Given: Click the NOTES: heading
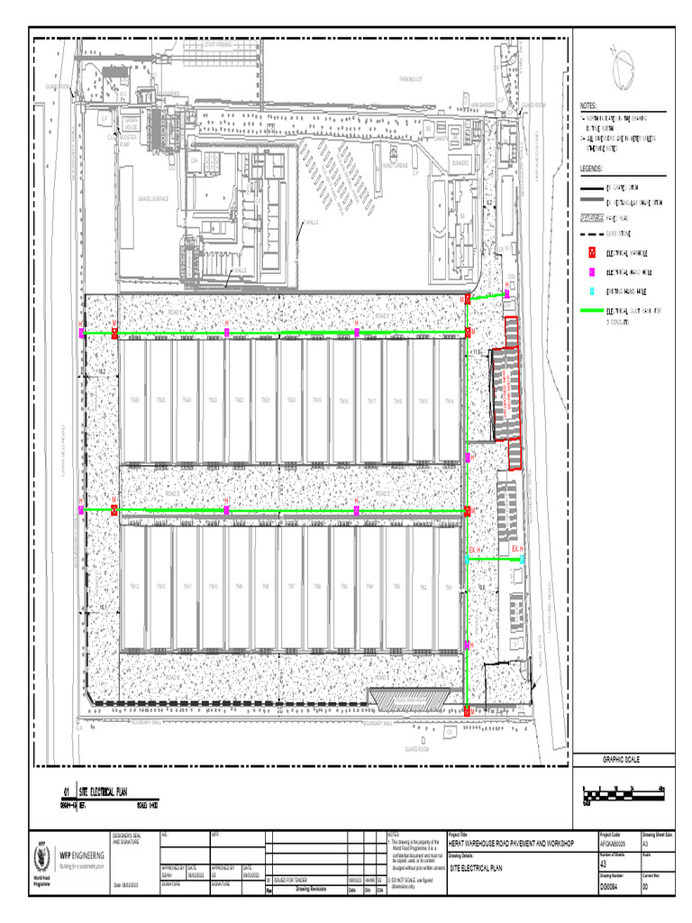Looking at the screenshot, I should [590, 105].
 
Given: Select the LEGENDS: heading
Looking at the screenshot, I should [593, 169].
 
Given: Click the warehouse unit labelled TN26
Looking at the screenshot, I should [134, 400].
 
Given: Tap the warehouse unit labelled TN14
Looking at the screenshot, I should [448, 400].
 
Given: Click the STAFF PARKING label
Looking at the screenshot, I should [218, 43].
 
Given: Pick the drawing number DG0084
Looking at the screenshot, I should [611, 886].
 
